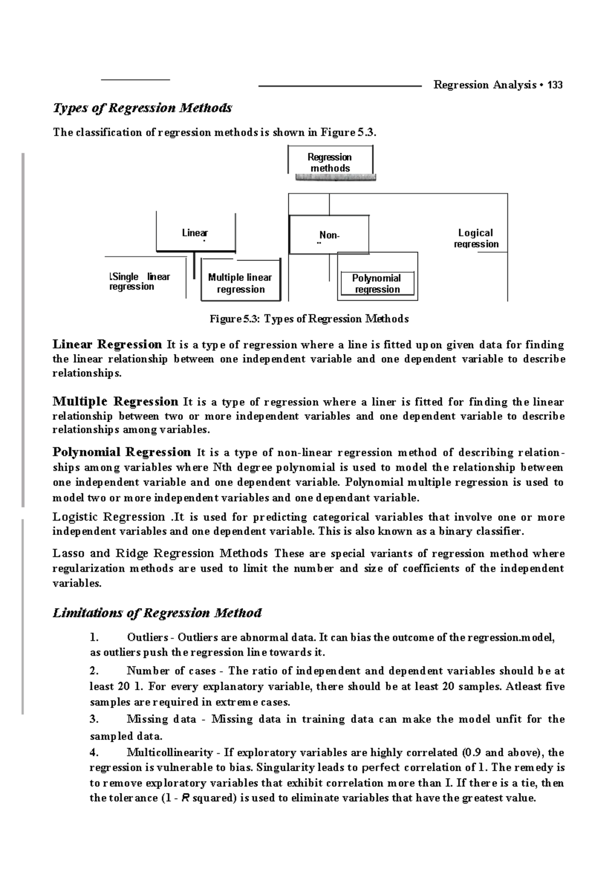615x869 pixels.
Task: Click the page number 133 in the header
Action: (x=555, y=85)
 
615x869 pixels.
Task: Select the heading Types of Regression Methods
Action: (x=142, y=108)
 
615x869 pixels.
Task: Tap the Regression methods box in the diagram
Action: (x=330, y=162)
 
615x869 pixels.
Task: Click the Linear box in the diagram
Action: (x=195, y=233)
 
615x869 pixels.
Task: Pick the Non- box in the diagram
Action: (x=329, y=235)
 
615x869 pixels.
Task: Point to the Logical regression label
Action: (x=476, y=238)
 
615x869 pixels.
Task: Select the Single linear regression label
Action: (x=139, y=281)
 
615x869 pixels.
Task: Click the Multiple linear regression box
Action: (x=240, y=283)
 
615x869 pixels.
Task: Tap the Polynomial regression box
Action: (x=377, y=283)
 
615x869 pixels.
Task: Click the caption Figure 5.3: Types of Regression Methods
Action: (x=309, y=319)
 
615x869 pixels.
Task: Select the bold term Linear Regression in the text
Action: (x=107, y=344)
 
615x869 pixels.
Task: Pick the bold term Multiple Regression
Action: (x=115, y=401)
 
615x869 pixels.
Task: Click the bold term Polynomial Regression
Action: (x=122, y=452)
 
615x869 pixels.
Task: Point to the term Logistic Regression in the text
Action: (x=109, y=516)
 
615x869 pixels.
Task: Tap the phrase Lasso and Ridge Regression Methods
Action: (x=160, y=553)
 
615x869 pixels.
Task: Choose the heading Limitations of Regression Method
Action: (x=157, y=613)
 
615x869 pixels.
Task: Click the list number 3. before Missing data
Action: (x=94, y=719)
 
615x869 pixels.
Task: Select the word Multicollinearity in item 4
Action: (x=170, y=753)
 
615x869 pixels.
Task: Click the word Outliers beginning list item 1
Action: (x=147, y=638)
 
